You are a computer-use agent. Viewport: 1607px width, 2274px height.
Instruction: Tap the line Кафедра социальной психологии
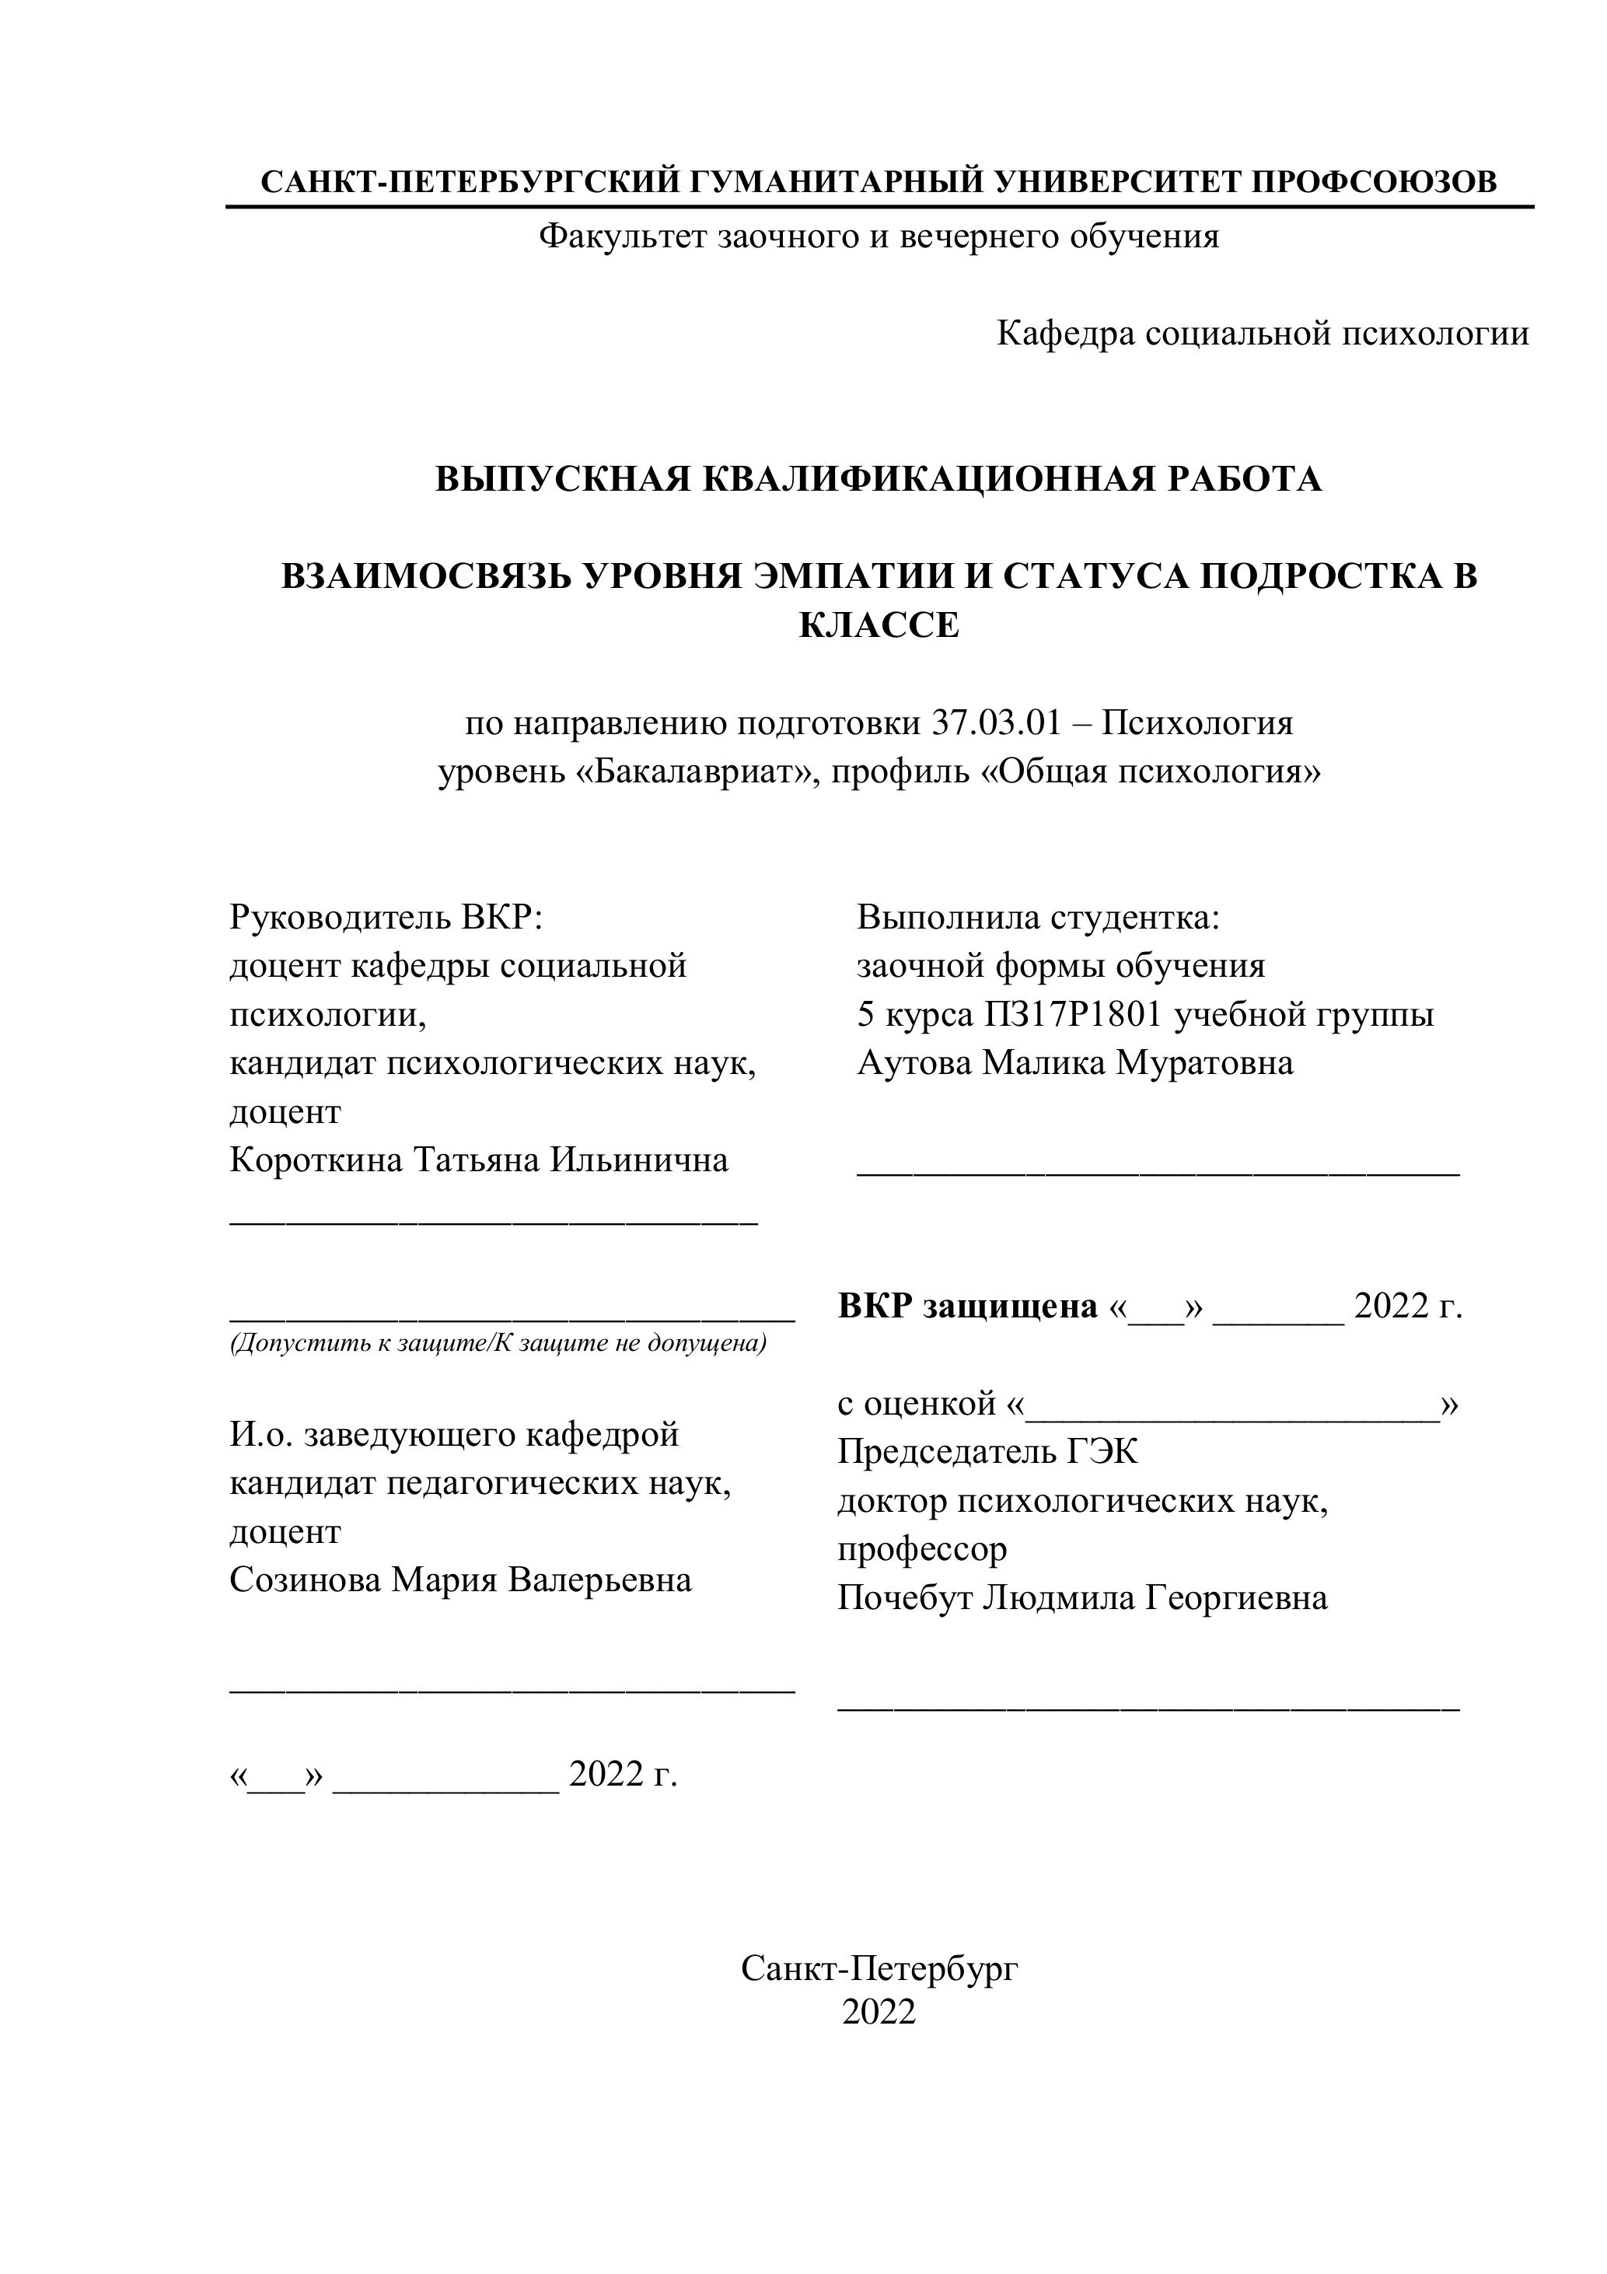tap(1263, 334)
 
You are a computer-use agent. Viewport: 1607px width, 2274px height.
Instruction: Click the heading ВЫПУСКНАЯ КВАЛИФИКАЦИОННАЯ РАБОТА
tap(879, 479)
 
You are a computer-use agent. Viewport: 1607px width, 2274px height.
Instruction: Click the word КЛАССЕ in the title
tap(879, 626)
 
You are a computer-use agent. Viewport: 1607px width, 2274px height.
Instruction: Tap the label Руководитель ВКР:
tap(387, 917)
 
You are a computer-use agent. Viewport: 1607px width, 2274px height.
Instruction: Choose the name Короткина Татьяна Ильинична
tap(479, 1160)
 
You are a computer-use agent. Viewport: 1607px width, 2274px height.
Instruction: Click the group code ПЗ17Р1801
tap(1071, 1014)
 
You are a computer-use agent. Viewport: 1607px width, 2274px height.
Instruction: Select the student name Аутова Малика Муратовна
tap(1075, 1062)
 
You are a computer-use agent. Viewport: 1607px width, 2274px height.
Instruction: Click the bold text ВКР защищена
tap(967, 1307)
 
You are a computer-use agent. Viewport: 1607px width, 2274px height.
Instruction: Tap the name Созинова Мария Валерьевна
tap(460, 1580)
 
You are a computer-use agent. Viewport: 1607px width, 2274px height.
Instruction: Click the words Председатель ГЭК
tap(987, 1453)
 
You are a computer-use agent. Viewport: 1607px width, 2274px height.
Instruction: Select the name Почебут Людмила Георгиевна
tap(1082, 1598)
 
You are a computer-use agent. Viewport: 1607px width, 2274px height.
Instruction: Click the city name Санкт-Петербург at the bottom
tap(879, 1968)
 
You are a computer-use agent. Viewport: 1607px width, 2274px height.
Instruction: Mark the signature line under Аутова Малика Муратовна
tap(1158, 1174)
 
